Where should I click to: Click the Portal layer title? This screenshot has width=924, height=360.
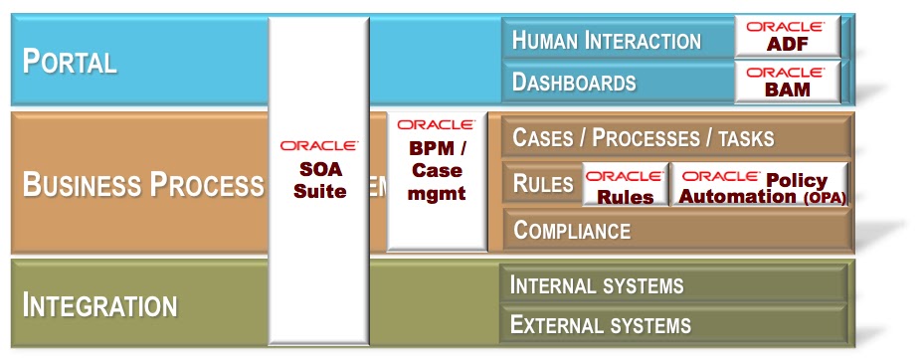coord(70,61)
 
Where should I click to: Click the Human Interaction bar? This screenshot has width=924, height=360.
coord(606,41)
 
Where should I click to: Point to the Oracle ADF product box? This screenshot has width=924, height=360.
coord(787,37)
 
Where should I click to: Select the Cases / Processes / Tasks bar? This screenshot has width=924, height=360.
coord(643,137)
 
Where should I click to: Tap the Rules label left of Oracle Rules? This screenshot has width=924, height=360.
coord(542,183)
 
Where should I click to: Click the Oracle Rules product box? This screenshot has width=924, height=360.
coord(625,185)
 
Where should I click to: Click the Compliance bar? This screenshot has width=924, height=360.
coord(572,231)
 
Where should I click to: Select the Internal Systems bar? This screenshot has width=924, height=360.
coord(597,285)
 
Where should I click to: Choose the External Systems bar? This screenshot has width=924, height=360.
coord(600,324)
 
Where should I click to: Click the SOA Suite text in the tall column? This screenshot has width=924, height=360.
coord(319,181)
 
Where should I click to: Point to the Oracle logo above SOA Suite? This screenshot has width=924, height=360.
coord(319,145)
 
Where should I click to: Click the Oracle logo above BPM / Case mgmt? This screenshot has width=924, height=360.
coord(436,125)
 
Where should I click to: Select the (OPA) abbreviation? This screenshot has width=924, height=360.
coord(825,198)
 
